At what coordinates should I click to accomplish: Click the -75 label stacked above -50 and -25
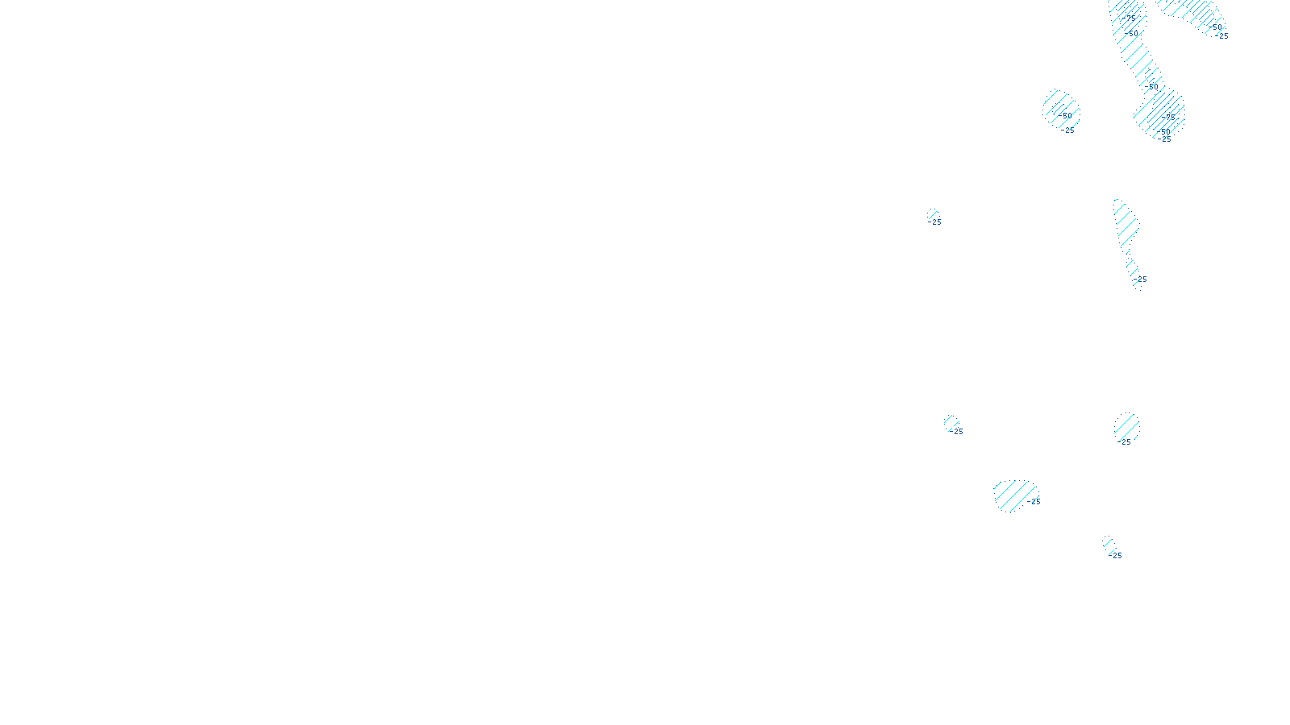[1168, 118]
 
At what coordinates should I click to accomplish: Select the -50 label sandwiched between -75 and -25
[1163, 132]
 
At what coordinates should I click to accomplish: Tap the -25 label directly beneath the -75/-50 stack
[1164, 139]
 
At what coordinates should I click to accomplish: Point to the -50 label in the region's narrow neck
[1151, 87]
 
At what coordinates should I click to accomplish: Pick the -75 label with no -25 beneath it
[1129, 19]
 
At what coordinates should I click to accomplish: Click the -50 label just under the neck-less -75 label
[1131, 34]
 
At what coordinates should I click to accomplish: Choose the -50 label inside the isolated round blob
[1065, 116]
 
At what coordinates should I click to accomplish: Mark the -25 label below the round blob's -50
[1067, 130]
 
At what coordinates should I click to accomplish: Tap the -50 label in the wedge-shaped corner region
[1214, 27]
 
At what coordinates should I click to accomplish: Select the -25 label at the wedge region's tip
[1221, 36]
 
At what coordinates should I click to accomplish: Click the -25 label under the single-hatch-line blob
[934, 222]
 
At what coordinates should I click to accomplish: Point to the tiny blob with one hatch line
[933, 214]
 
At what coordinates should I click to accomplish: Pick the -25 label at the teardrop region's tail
[1140, 280]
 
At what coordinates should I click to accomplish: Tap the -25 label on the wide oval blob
[1033, 502]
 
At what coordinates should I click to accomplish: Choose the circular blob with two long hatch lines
[1127, 428]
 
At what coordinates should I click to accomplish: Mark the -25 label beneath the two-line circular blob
[1124, 442]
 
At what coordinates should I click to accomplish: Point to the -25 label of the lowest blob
[1115, 556]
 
